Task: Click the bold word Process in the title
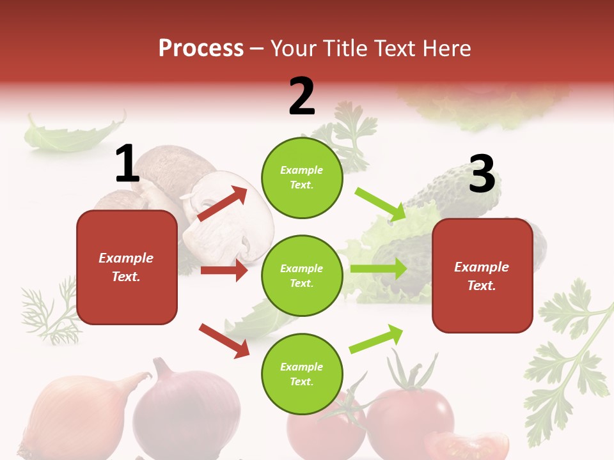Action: [201, 48]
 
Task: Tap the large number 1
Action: [127, 164]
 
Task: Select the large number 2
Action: [302, 96]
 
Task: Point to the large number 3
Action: [482, 174]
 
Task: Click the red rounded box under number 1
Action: [127, 267]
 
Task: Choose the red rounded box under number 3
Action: [482, 276]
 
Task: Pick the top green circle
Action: [302, 178]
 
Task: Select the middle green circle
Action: [302, 275]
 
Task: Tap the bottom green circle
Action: [302, 374]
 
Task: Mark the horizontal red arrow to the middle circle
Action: [224, 270]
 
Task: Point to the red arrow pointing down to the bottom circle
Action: [224, 340]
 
